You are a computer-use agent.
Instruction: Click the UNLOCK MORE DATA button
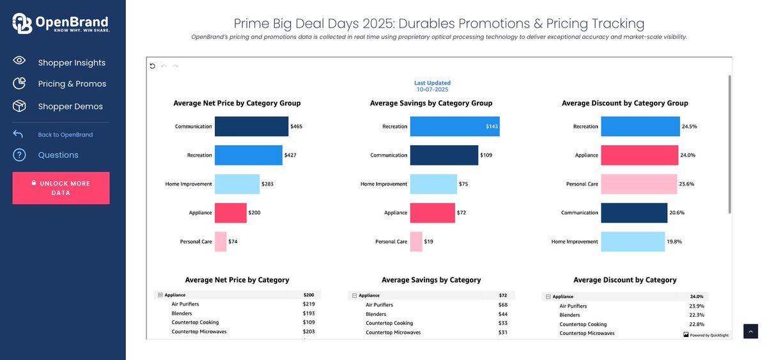click(61, 188)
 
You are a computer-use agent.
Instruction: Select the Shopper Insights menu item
click(72, 63)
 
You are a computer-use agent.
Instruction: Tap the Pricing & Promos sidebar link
click(72, 84)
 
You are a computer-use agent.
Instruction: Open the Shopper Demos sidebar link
click(70, 106)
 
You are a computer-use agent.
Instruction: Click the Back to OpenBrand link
click(65, 135)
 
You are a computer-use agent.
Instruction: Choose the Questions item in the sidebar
click(58, 155)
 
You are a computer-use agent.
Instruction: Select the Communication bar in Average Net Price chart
click(251, 127)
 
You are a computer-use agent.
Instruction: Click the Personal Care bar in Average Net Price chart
click(221, 242)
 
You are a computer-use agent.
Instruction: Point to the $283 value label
click(268, 184)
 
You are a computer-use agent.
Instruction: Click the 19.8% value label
click(674, 242)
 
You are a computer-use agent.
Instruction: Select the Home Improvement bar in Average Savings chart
click(433, 184)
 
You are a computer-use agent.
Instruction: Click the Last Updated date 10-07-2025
click(432, 90)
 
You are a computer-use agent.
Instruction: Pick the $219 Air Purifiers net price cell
click(309, 304)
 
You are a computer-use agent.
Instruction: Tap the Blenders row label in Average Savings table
click(376, 315)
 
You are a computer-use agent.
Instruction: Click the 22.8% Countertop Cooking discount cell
click(696, 324)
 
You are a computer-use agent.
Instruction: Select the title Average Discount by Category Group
click(624, 103)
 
